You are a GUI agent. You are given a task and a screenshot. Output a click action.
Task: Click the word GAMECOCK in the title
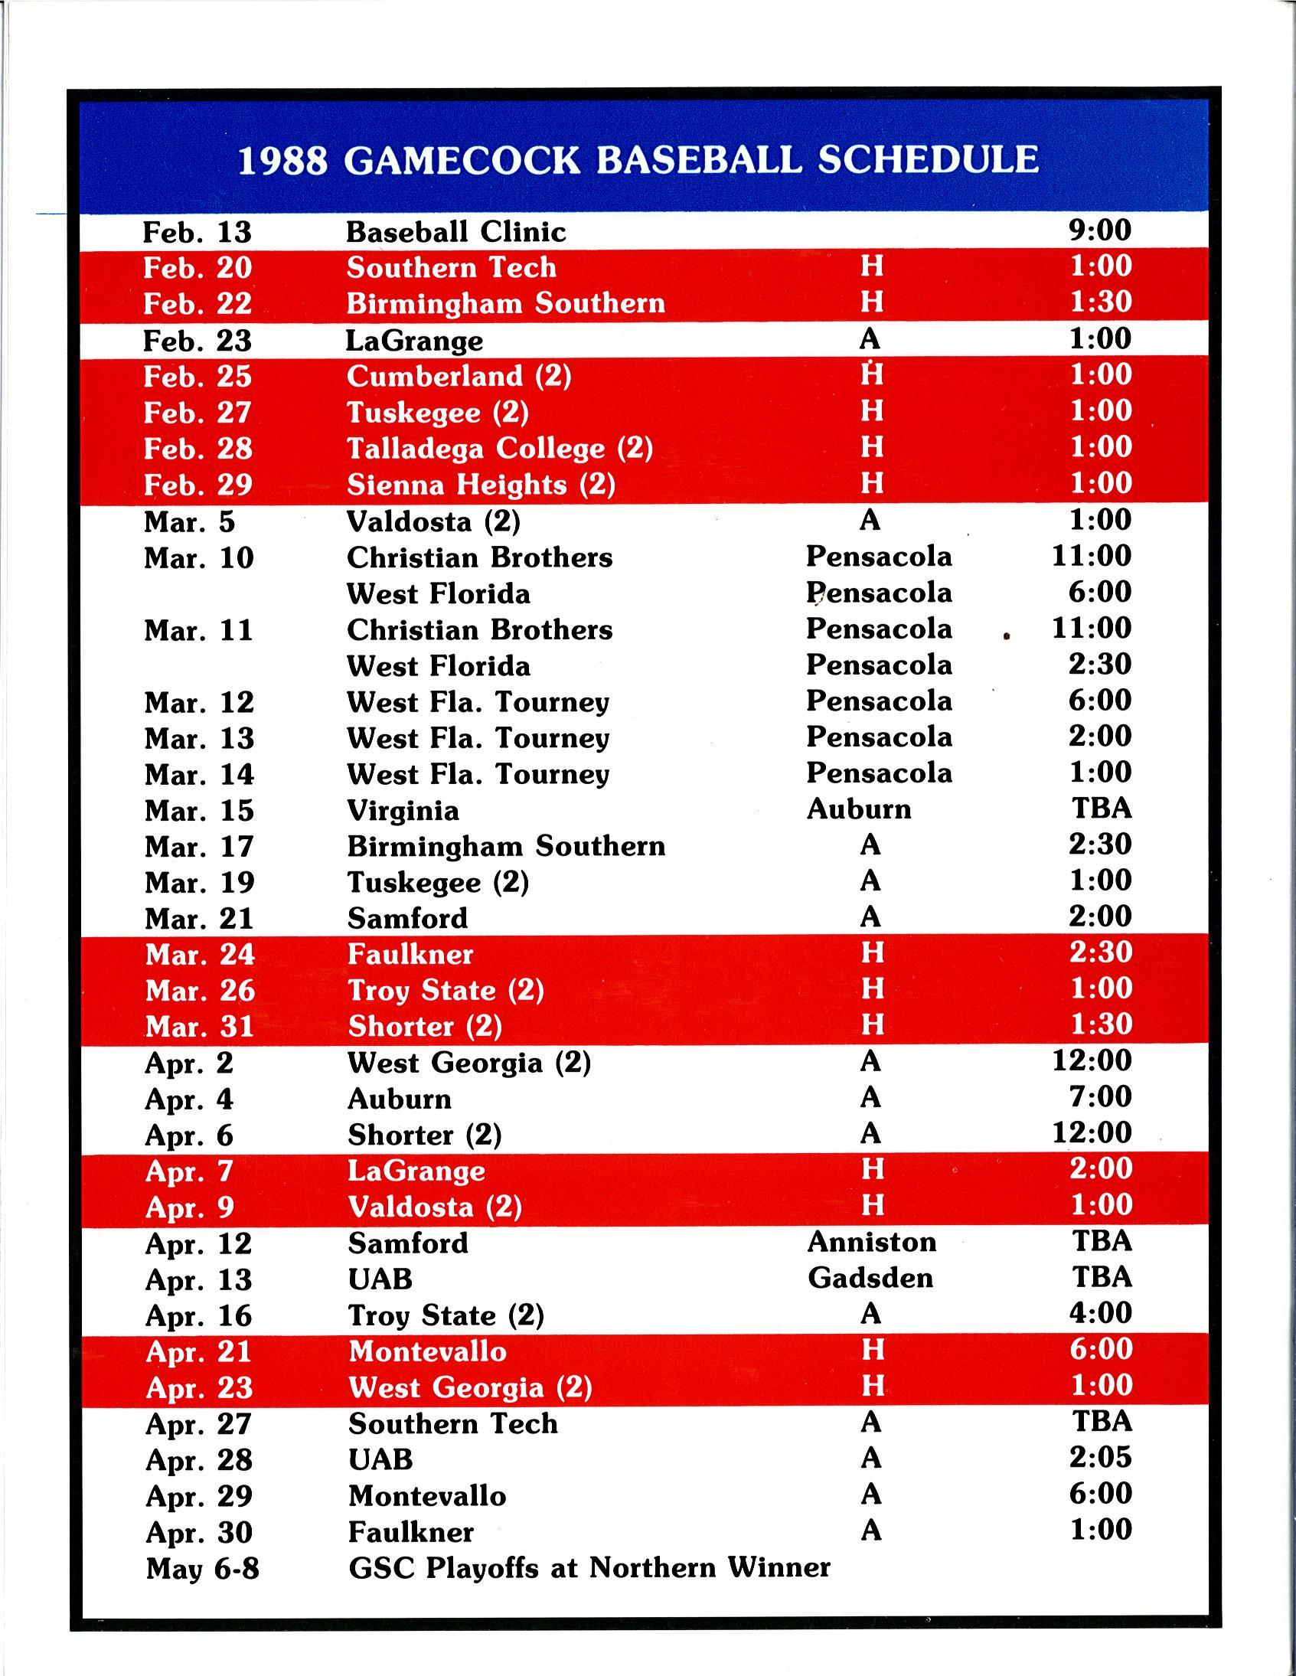[x=461, y=160]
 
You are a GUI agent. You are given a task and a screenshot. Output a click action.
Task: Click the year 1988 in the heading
[x=282, y=161]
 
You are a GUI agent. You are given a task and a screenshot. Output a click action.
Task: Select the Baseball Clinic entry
[x=455, y=232]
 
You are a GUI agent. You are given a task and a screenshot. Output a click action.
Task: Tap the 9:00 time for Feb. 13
[x=1099, y=230]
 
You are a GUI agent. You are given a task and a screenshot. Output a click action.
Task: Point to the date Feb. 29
[x=198, y=485]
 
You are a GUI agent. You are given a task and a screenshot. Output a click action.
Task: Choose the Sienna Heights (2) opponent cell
[x=480, y=485]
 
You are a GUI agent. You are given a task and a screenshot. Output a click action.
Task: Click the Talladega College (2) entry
[x=500, y=448]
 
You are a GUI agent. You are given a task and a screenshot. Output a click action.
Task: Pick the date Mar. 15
[x=199, y=810]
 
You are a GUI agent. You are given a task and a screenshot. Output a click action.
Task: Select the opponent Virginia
[x=403, y=810]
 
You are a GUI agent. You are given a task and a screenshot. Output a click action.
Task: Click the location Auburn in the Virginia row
[x=859, y=809]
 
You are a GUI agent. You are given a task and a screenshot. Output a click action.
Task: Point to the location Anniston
[x=872, y=1242]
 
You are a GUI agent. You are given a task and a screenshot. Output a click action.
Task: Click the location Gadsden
[x=870, y=1278]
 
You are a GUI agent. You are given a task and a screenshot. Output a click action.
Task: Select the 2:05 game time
[x=1100, y=1457]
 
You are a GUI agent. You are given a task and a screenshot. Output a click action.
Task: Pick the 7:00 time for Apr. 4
[x=1100, y=1096]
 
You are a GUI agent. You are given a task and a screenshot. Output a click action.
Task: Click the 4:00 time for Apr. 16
[x=1100, y=1313]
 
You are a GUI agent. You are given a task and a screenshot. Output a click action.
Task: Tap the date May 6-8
[x=203, y=1569]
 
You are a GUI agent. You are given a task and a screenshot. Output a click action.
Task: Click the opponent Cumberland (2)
[x=459, y=376]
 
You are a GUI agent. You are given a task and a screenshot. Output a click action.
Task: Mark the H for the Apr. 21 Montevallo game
[x=873, y=1350]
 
